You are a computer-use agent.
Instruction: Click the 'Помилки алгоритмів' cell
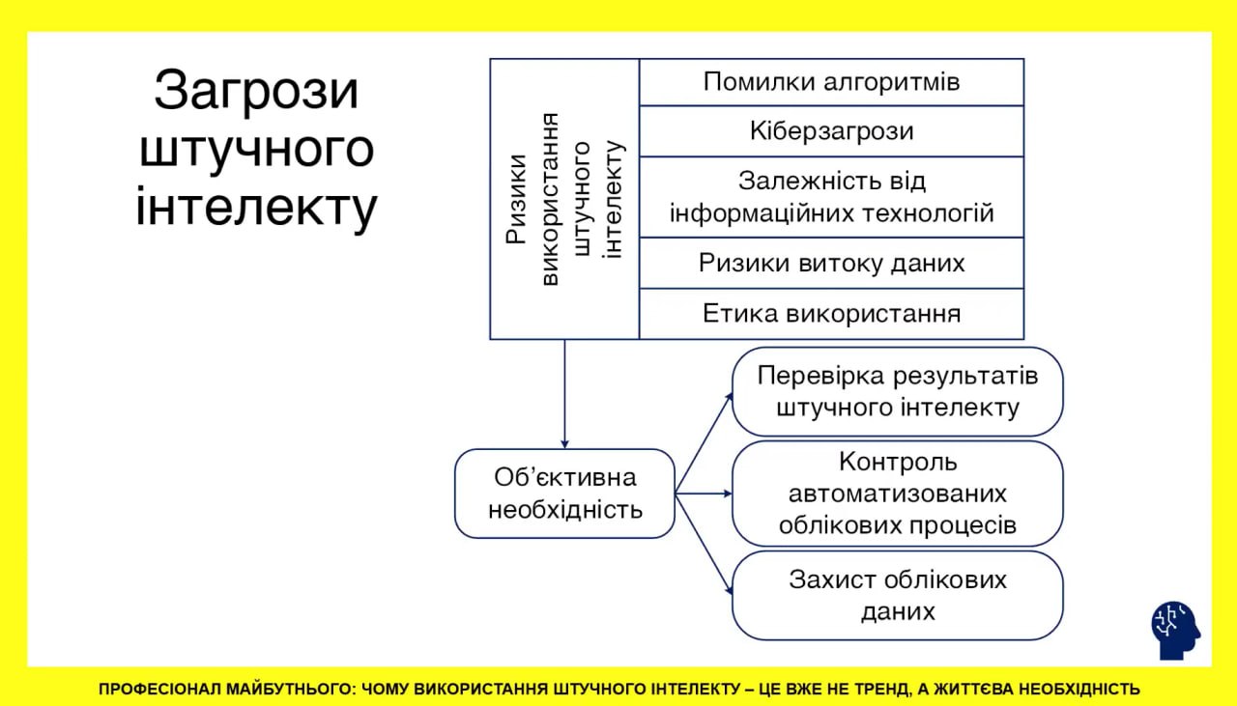pos(831,82)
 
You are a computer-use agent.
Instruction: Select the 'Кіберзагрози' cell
pos(831,131)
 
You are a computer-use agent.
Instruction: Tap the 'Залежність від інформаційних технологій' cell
pos(831,197)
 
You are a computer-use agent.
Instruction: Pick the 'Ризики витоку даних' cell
pos(831,263)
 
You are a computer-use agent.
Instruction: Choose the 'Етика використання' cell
pos(831,314)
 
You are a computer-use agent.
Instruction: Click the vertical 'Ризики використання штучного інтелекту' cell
pos(564,199)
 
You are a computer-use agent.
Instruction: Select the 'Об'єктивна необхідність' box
pos(564,494)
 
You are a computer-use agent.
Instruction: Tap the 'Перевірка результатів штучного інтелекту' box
pos(897,391)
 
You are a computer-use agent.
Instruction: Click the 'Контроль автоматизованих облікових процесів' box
pos(897,494)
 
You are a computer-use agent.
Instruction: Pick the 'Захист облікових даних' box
pos(897,595)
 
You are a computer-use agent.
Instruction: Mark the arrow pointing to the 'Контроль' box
pos(704,494)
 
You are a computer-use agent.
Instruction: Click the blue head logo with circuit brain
pos(1175,631)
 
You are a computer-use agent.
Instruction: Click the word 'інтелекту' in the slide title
pos(256,208)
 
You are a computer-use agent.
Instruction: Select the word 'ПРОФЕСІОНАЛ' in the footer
pos(158,690)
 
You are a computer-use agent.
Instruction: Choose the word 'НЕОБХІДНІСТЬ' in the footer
pos(1079,690)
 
